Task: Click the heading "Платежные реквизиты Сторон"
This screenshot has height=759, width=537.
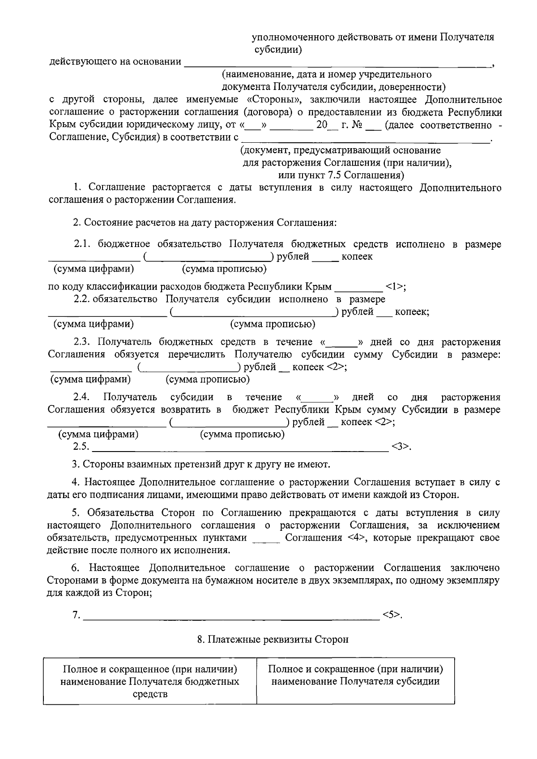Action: point(273,640)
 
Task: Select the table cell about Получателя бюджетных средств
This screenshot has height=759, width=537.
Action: point(150,682)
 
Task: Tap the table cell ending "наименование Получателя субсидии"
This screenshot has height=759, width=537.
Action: point(356,675)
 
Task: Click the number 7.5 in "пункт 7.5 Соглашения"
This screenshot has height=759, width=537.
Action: point(333,175)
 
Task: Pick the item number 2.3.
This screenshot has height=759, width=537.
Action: point(83,342)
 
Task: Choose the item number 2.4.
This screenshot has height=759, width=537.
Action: point(83,397)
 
